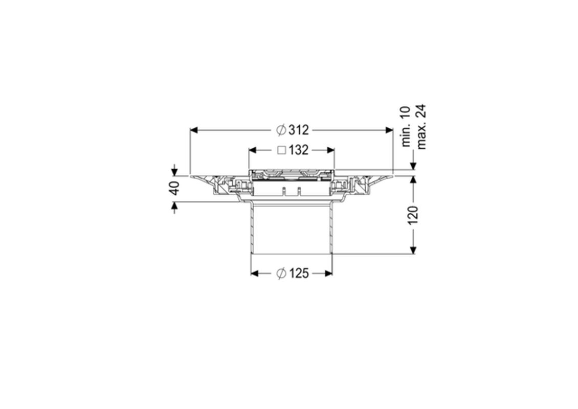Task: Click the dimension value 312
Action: point(299,130)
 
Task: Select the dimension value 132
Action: point(299,150)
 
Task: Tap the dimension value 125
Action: point(299,274)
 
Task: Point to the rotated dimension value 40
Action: point(175,188)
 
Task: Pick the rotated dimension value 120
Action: point(413,215)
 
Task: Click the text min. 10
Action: point(406,126)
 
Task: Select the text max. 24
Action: point(421,126)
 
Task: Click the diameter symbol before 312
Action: point(281,130)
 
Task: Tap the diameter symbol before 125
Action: point(281,274)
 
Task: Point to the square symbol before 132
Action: point(282,150)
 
